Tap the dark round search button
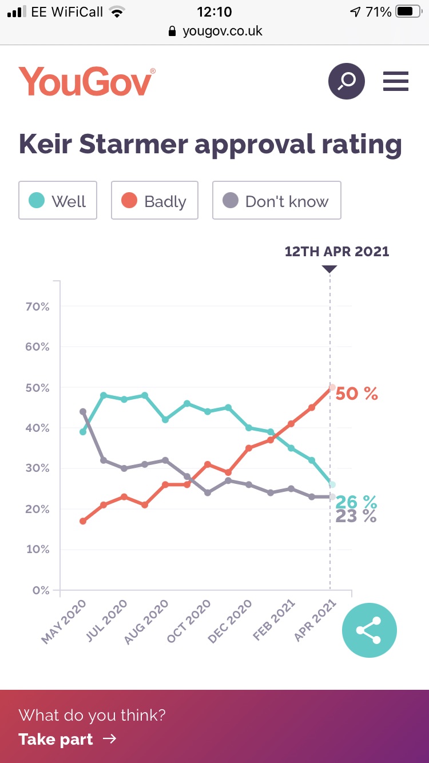tap(346, 81)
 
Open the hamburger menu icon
tap(396, 81)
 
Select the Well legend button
tap(58, 201)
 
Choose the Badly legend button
tap(154, 201)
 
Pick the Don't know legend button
tap(277, 201)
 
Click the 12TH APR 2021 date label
tap(337, 251)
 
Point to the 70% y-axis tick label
tap(38, 307)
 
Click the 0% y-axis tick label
tap(41, 590)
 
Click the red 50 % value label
tap(357, 394)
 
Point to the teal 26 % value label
tap(356, 502)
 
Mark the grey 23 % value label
tap(356, 516)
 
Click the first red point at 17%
tap(83, 521)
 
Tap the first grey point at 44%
tap(83, 411)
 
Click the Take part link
tap(67, 739)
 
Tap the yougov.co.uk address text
tap(223, 31)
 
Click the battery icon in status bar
tap(408, 11)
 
